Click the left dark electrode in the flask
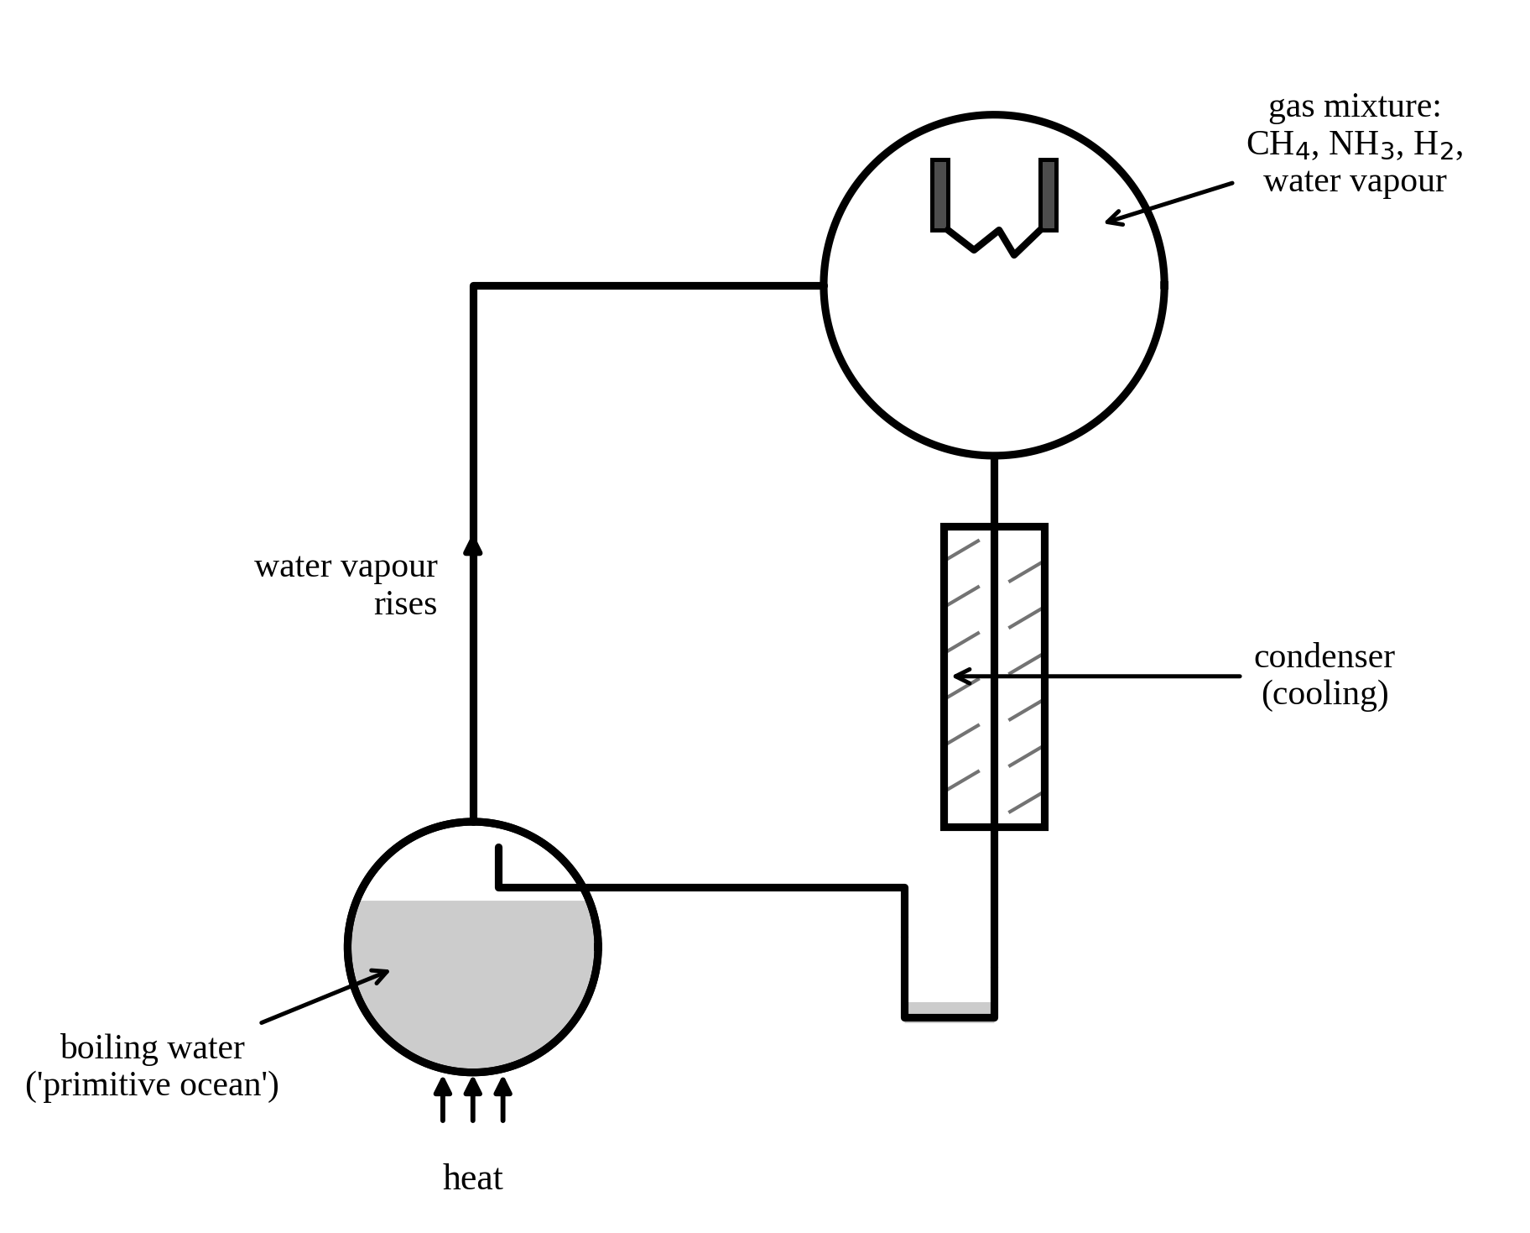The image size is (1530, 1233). point(939,195)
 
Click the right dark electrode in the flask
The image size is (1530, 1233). point(1048,195)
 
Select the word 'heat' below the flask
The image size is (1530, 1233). point(472,1178)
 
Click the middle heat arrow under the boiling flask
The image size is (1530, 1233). point(473,1100)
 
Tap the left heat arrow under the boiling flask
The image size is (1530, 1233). point(443,1100)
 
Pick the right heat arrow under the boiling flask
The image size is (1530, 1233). point(503,1100)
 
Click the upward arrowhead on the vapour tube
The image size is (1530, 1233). point(473,546)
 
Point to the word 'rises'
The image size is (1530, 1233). point(405,603)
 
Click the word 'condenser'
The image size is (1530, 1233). point(1324,656)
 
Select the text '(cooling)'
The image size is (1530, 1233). point(1325,693)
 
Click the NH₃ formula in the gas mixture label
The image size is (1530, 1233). point(1361,144)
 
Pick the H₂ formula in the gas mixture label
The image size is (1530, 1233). point(1434,144)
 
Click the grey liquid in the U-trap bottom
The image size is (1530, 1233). point(950,1008)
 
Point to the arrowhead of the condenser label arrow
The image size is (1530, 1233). point(963,676)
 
